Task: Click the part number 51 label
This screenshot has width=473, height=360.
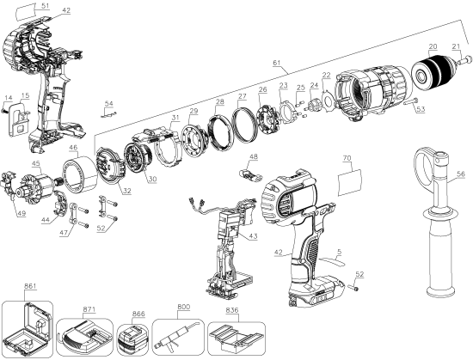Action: (34, 6)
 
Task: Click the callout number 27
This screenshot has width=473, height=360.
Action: (243, 97)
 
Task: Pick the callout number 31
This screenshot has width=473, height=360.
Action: (175, 119)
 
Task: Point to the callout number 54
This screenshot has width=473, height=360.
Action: (108, 103)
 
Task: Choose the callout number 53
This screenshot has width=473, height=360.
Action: (421, 109)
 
